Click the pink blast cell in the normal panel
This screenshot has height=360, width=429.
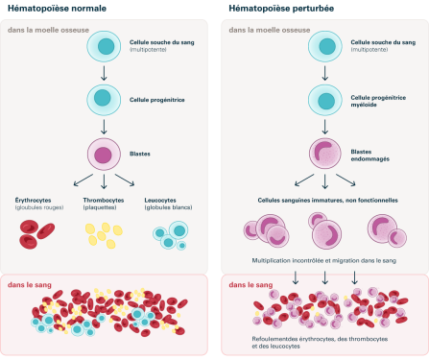tap(102, 154)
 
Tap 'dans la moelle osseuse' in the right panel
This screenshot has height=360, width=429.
tap(265, 30)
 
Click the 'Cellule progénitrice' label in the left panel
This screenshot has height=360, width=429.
tap(155, 99)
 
